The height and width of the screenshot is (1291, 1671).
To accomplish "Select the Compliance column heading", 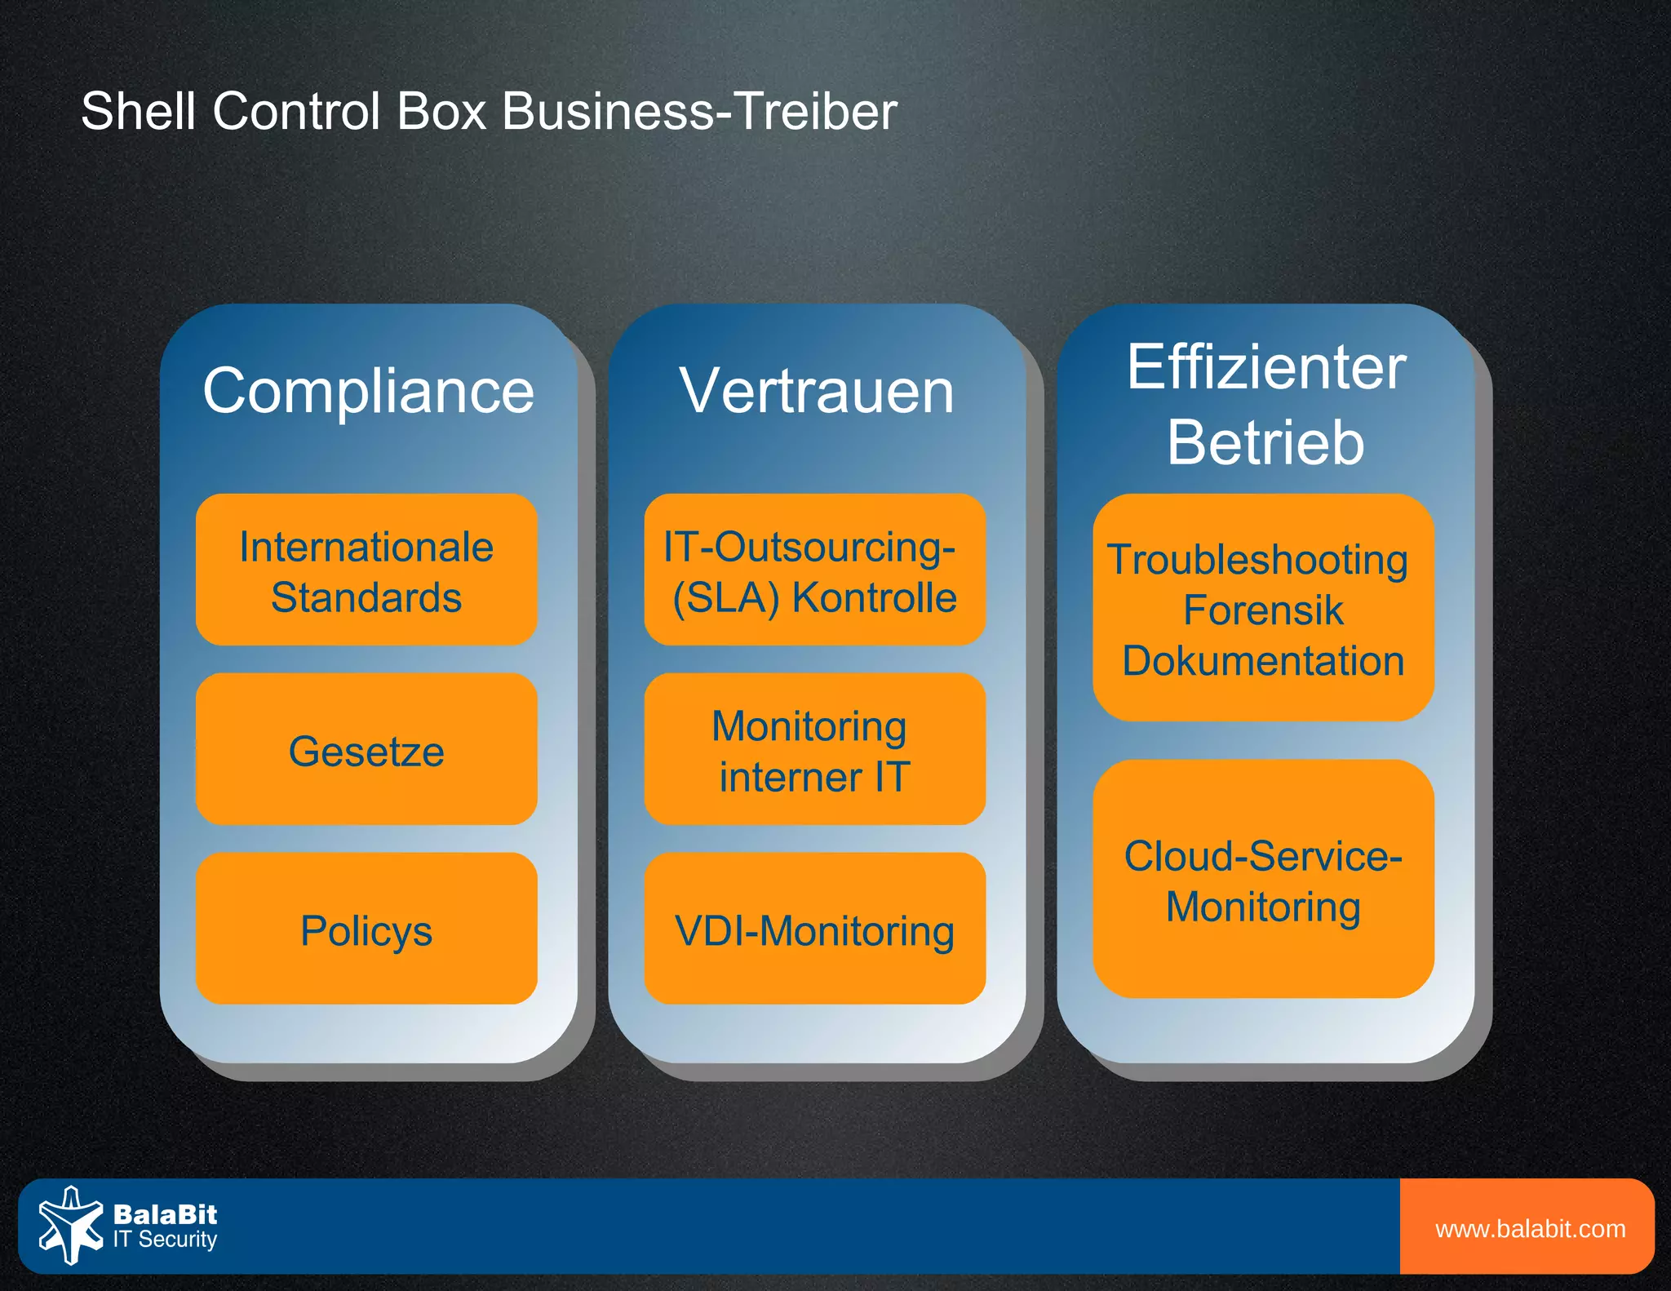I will [x=368, y=391].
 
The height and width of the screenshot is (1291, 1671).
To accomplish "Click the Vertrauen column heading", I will [x=817, y=391].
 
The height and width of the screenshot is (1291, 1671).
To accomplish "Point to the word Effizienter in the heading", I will [x=1265, y=367].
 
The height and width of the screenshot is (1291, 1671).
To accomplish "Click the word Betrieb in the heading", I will [x=1265, y=442].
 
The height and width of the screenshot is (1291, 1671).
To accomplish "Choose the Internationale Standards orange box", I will [x=366, y=570].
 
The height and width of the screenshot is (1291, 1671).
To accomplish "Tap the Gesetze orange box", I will [x=366, y=750].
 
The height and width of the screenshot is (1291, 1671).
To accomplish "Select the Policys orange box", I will [x=366, y=929].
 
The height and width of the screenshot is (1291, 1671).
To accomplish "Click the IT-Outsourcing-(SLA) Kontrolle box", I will [x=814, y=570].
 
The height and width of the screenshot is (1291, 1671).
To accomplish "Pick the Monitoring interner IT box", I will [x=814, y=750].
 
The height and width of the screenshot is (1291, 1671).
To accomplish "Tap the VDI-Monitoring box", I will [x=814, y=929].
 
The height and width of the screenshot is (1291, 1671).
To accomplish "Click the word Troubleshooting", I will [x=1257, y=560].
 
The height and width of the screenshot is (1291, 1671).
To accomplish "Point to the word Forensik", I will [x=1263, y=610].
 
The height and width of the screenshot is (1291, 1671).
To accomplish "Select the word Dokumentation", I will [x=1263, y=661].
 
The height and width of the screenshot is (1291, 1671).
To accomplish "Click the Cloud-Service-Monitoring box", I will [x=1263, y=880].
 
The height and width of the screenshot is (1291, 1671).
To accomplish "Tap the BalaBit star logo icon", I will [x=71, y=1225].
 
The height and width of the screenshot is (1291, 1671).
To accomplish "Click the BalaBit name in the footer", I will [x=166, y=1214].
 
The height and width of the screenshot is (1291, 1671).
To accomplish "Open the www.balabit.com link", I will [x=1530, y=1229].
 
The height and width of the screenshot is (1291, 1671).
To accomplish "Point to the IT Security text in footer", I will [x=166, y=1240].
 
